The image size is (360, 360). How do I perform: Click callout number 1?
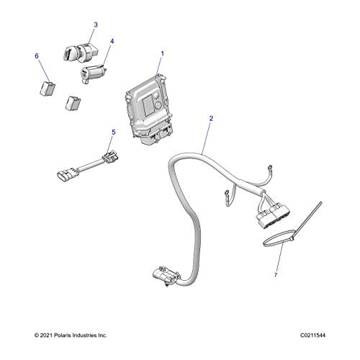pyautogui.click(x=162, y=53)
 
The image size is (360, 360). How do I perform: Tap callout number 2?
pyautogui.click(x=211, y=118)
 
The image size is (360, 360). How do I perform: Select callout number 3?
pyautogui.click(x=96, y=24)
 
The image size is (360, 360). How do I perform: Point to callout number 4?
pyautogui.click(x=112, y=41)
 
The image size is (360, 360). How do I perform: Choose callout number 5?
pyautogui.click(x=114, y=132)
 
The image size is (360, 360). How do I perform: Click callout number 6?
pyautogui.click(x=37, y=56)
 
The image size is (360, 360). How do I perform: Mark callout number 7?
pyautogui.click(x=276, y=275)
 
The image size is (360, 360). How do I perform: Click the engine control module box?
pyautogui.click(x=148, y=109)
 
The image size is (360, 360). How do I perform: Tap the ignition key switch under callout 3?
pyautogui.click(x=81, y=51)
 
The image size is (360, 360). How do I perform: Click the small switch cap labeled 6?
pyautogui.click(x=48, y=89)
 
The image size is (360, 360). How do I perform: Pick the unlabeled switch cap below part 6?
pyautogui.click(x=73, y=103)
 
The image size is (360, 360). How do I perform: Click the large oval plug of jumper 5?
pyautogui.click(x=67, y=174)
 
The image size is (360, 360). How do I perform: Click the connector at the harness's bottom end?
pyautogui.click(x=166, y=275)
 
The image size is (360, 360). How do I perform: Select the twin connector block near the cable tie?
pyautogui.click(x=272, y=214)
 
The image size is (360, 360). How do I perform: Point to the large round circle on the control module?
pyautogui.click(x=158, y=105)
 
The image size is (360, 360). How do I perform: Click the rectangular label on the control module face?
pyautogui.click(x=149, y=106)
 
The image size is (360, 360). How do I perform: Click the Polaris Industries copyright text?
pyautogui.click(x=71, y=336)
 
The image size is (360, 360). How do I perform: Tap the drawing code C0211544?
pyautogui.click(x=312, y=336)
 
